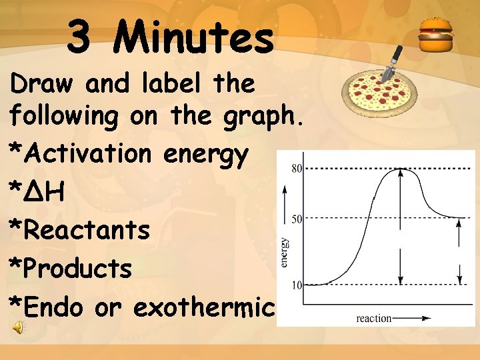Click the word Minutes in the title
pyautogui.click(x=194, y=37)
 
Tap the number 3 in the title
pyautogui.click(x=80, y=37)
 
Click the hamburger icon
pyautogui.click(x=436, y=36)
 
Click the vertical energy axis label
pyautogui.click(x=285, y=253)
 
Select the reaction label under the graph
pyautogui.click(x=374, y=319)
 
